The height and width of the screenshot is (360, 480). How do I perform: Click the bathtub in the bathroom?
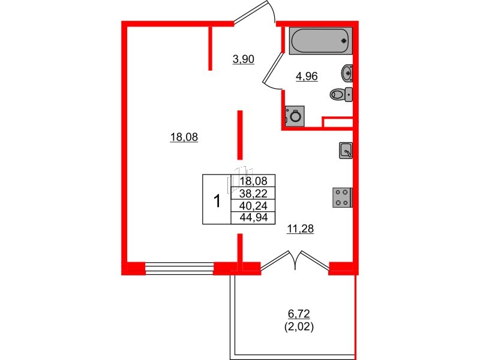[319, 41]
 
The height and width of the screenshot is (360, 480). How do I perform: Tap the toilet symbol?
[341, 94]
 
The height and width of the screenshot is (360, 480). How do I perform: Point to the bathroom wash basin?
[347, 73]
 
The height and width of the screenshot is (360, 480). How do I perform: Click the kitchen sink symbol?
[346, 150]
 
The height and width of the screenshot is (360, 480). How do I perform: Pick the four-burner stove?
[343, 197]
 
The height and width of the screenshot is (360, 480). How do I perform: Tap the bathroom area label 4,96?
[306, 76]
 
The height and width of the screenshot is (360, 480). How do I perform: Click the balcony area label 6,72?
[301, 314]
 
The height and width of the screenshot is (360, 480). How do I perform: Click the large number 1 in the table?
[217, 199]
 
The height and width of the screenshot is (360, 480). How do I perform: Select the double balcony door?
[295, 261]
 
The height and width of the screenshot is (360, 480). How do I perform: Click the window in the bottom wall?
[179, 268]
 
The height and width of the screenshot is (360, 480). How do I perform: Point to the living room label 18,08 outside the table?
[184, 137]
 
